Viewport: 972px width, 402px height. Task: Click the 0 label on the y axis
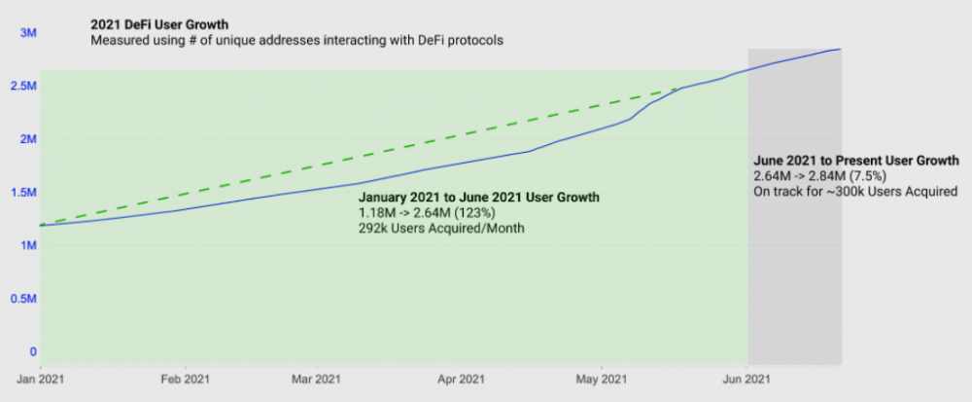[32, 351]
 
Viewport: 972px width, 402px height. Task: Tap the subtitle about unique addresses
[297, 41]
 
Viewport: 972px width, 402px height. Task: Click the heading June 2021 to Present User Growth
[856, 160]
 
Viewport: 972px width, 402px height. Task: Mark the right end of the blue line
[840, 49]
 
